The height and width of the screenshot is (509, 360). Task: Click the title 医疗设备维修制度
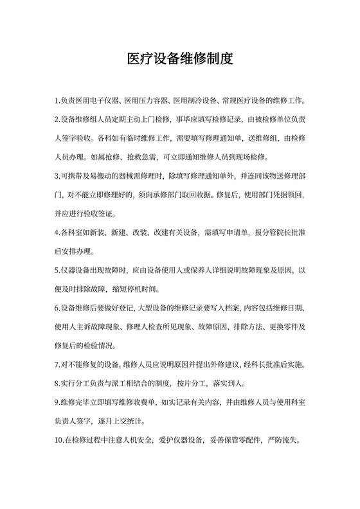[x=179, y=59]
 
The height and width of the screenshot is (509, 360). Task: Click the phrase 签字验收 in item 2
[x=75, y=138]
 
